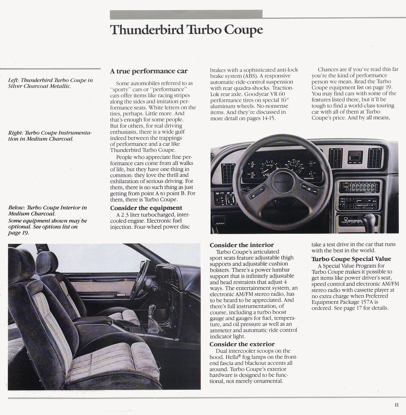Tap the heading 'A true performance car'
pos(149,71)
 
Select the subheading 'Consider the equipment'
pos(146,208)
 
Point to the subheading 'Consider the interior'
pos(242,245)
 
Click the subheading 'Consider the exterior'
pos(242,344)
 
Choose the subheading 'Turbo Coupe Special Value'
pos(351,259)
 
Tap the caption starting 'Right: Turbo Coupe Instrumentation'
pos(50,136)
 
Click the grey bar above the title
pos(186,14)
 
